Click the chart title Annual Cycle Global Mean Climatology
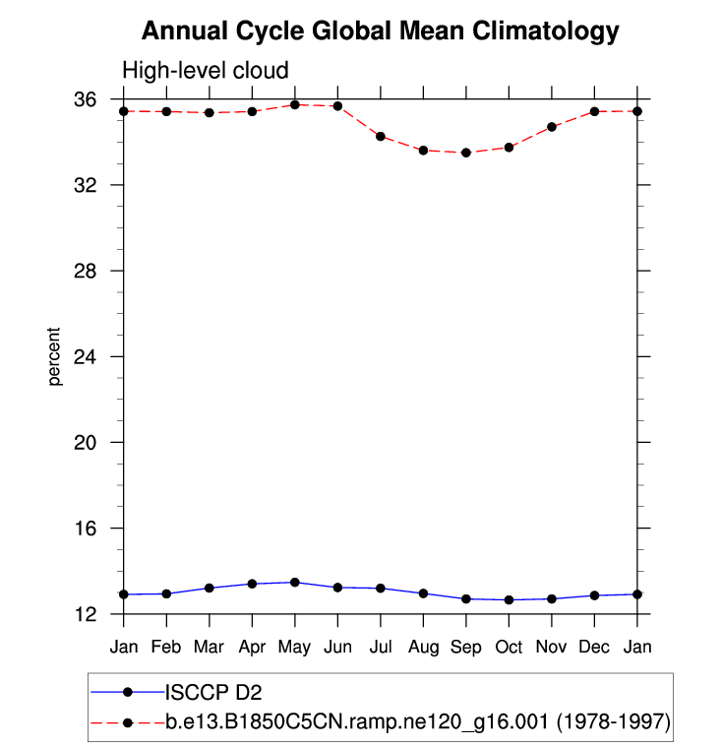click(x=380, y=31)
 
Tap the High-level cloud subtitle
click(x=205, y=71)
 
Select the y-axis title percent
click(x=55, y=356)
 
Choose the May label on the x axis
click(x=295, y=647)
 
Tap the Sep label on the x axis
click(x=466, y=647)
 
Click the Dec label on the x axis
click(x=594, y=647)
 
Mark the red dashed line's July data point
click(x=381, y=136)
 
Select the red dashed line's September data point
click(x=466, y=153)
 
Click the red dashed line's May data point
click(x=295, y=104)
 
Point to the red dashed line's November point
click(x=552, y=127)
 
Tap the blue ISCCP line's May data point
click(x=295, y=583)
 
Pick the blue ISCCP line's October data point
click(x=509, y=599)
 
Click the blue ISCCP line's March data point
click(x=210, y=588)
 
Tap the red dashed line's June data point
click(x=337, y=105)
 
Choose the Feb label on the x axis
click(x=166, y=647)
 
